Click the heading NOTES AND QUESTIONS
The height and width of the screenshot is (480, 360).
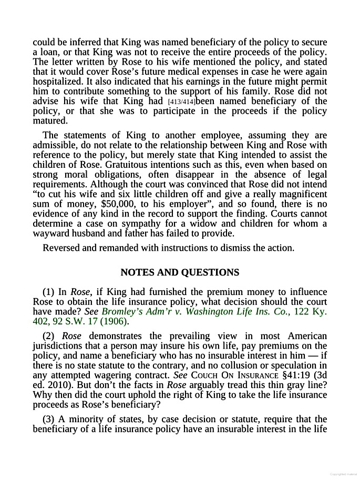click(x=180, y=272)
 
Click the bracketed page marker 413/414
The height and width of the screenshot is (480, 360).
click(x=181, y=101)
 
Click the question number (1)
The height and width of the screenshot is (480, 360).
click(x=48, y=292)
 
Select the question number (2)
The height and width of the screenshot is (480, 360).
click(x=48, y=336)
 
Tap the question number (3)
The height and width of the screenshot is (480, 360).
click(x=48, y=419)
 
